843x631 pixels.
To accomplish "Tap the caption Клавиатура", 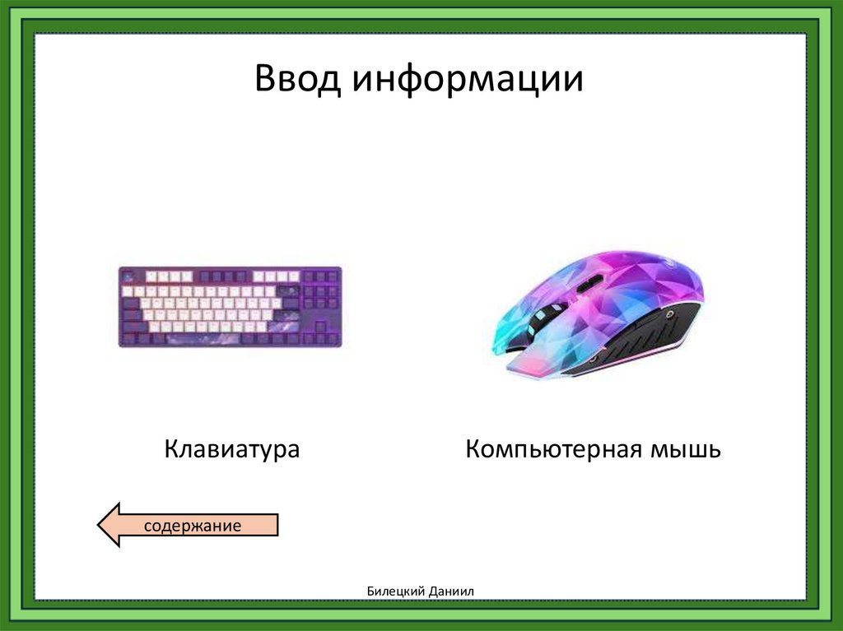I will point(231,450).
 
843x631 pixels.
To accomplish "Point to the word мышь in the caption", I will point(687,450).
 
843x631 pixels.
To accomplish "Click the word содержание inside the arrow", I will point(193,525).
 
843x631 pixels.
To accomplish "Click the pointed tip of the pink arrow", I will point(100,525).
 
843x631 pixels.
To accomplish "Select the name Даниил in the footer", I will point(452,591).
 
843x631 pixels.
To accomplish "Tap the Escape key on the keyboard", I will point(128,276).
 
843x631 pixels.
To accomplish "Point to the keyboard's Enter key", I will point(286,315).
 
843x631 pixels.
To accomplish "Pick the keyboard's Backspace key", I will point(288,291).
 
